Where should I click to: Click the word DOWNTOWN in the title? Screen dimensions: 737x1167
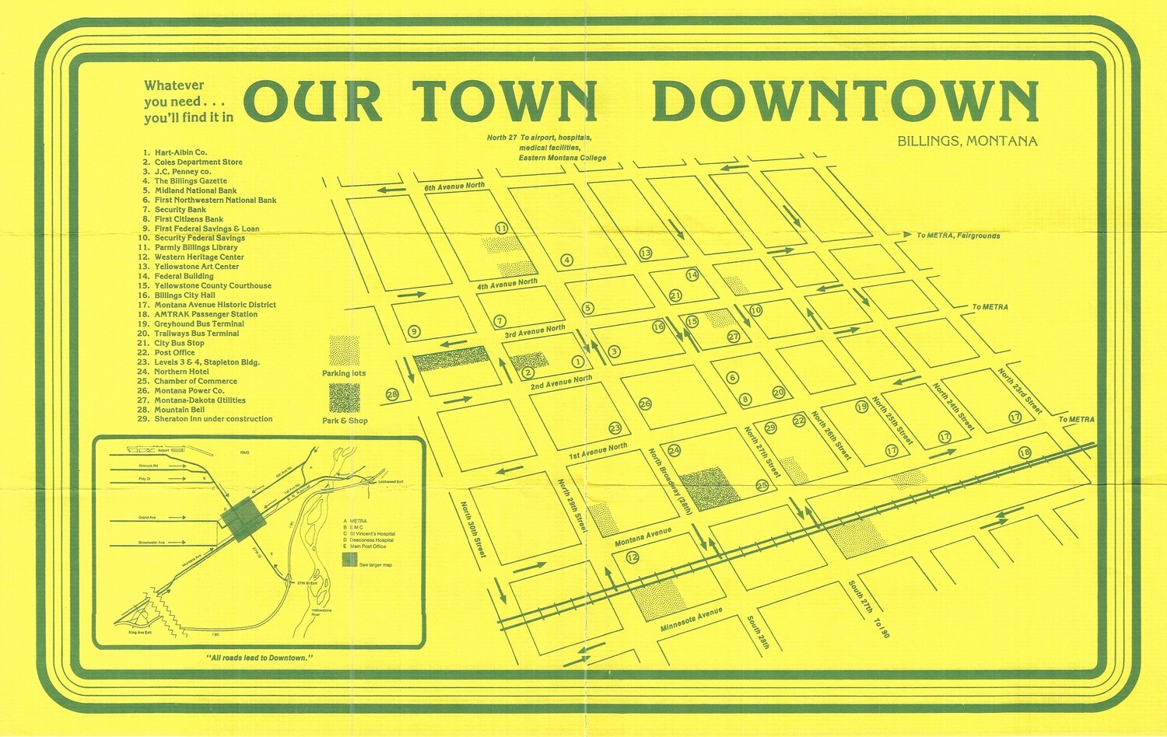[846, 101]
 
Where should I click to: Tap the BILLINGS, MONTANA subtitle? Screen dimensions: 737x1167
[967, 141]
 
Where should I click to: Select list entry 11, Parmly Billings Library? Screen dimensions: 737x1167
[195, 247]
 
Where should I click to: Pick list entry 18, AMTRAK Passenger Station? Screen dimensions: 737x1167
[205, 314]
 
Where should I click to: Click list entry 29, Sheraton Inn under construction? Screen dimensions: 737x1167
[212, 419]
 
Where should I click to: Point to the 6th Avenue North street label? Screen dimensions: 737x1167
[454, 187]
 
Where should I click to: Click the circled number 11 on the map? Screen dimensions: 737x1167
[502, 229]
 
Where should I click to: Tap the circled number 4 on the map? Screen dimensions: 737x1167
[566, 260]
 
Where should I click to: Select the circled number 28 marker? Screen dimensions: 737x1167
[392, 395]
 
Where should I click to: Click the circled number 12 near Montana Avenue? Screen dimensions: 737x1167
[632, 557]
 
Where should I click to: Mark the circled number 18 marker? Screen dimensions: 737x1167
[1025, 453]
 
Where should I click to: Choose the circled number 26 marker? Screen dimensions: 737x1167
[645, 404]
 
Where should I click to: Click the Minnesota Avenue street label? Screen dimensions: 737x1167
[691, 620]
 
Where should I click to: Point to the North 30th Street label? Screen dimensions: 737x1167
[472, 529]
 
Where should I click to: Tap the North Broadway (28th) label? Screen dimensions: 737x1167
[670, 481]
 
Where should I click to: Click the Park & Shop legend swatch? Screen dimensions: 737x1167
[345, 398]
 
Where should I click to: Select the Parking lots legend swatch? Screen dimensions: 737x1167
[345, 351]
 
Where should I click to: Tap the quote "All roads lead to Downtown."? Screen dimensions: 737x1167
[260, 658]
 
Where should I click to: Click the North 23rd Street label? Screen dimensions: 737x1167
[1019, 391]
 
